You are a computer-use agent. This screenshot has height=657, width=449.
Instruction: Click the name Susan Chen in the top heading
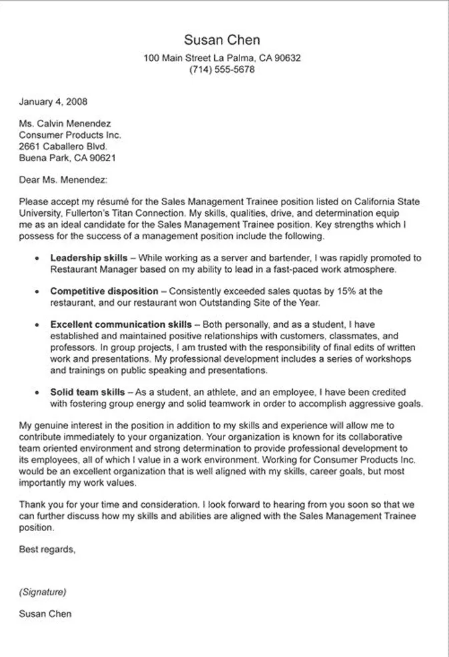coord(222,40)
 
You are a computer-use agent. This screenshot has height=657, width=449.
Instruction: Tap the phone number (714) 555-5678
coord(222,69)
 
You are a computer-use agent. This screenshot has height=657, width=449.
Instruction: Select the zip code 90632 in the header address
coord(288,58)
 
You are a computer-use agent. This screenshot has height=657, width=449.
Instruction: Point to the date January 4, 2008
coord(53,102)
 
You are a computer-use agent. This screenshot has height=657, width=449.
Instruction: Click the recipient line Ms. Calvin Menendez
coord(65,123)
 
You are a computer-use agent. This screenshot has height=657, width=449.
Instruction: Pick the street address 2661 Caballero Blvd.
coord(62,146)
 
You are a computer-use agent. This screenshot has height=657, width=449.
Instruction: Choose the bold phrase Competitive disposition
coord(104,291)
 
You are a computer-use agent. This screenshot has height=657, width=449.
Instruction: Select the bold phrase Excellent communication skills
coord(121,325)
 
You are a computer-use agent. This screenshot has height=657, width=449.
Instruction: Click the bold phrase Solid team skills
coord(87,392)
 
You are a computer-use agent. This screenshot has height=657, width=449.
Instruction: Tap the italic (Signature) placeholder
coord(43,591)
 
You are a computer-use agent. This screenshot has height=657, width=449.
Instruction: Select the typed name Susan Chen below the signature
coord(45,614)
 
